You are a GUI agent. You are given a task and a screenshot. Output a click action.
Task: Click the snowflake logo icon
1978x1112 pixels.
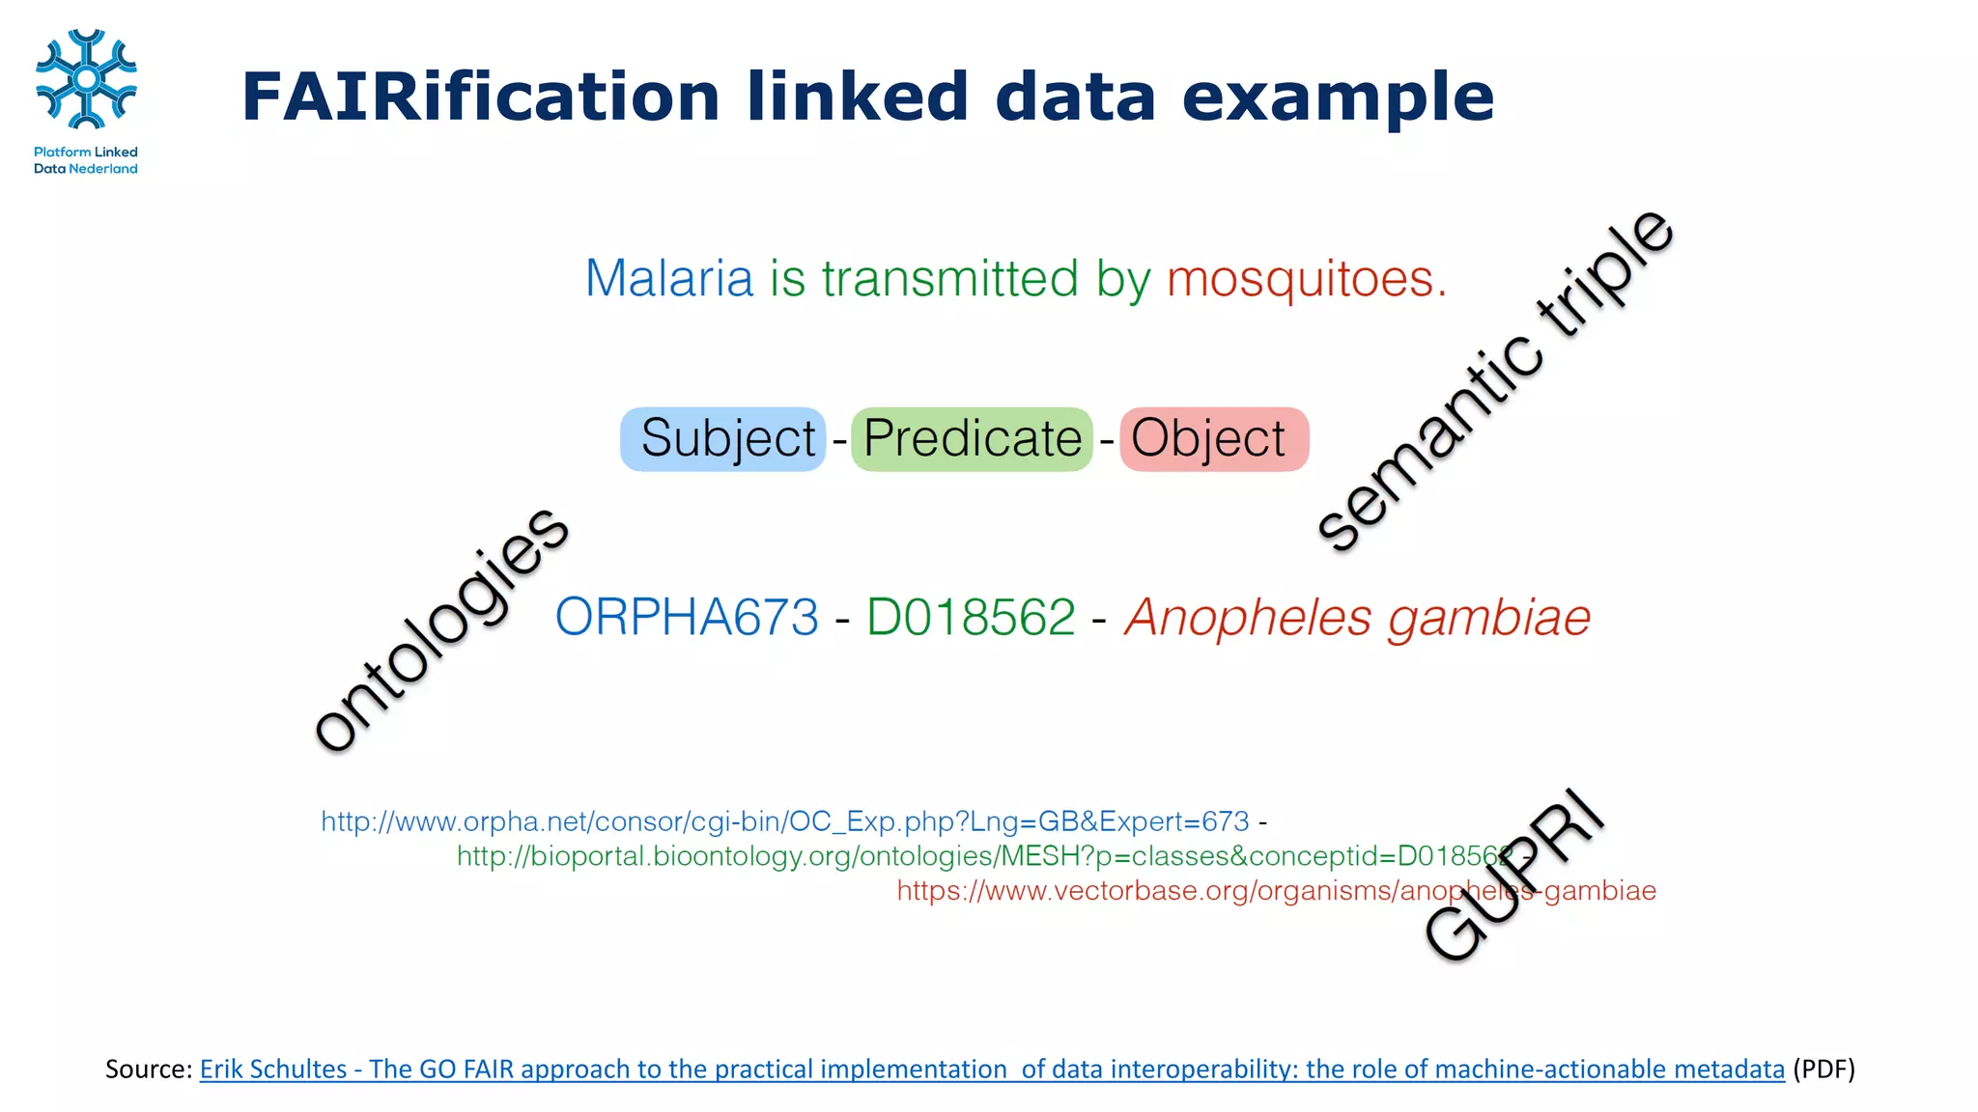pyautogui.click(x=86, y=79)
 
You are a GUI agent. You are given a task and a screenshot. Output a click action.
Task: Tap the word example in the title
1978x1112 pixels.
pyautogui.click(x=1338, y=97)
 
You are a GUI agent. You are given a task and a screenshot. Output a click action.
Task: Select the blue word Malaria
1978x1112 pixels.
pyautogui.click(x=668, y=279)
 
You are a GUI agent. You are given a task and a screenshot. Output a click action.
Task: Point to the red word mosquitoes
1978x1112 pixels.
pyautogui.click(x=1306, y=279)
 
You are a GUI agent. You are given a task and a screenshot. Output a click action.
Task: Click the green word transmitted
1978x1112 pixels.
pyautogui.click(x=949, y=279)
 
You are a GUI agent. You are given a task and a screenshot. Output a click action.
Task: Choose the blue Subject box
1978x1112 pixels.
pyautogui.click(x=723, y=439)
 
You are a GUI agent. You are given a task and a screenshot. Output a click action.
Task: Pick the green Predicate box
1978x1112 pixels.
pyautogui.click(x=972, y=439)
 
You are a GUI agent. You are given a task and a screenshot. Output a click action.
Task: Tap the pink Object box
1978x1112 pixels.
pyautogui.click(x=1213, y=439)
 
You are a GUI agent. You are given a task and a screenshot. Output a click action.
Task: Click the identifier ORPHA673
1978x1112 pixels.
pyautogui.click(x=687, y=617)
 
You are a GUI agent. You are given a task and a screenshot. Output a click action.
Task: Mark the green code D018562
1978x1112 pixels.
pyautogui.click(x=971, y=617)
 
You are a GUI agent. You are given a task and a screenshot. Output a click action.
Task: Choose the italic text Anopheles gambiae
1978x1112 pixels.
pyautogui.click(x=1357, y=617)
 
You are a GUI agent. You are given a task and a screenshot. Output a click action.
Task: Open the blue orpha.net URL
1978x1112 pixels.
pyautogui.click(x=784, y=821)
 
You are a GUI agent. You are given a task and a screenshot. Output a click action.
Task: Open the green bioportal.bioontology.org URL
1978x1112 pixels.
pyautogui.click(x=983, y=856)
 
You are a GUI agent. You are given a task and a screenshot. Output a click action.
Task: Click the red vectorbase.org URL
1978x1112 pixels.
pyautogui.click(x=1276, y=890)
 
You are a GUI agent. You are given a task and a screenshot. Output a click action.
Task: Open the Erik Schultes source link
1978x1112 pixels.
pyautogui.click(x=991, y=1070)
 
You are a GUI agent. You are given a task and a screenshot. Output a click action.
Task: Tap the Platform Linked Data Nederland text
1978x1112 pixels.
pyautogui.click(x=86, y=160)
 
